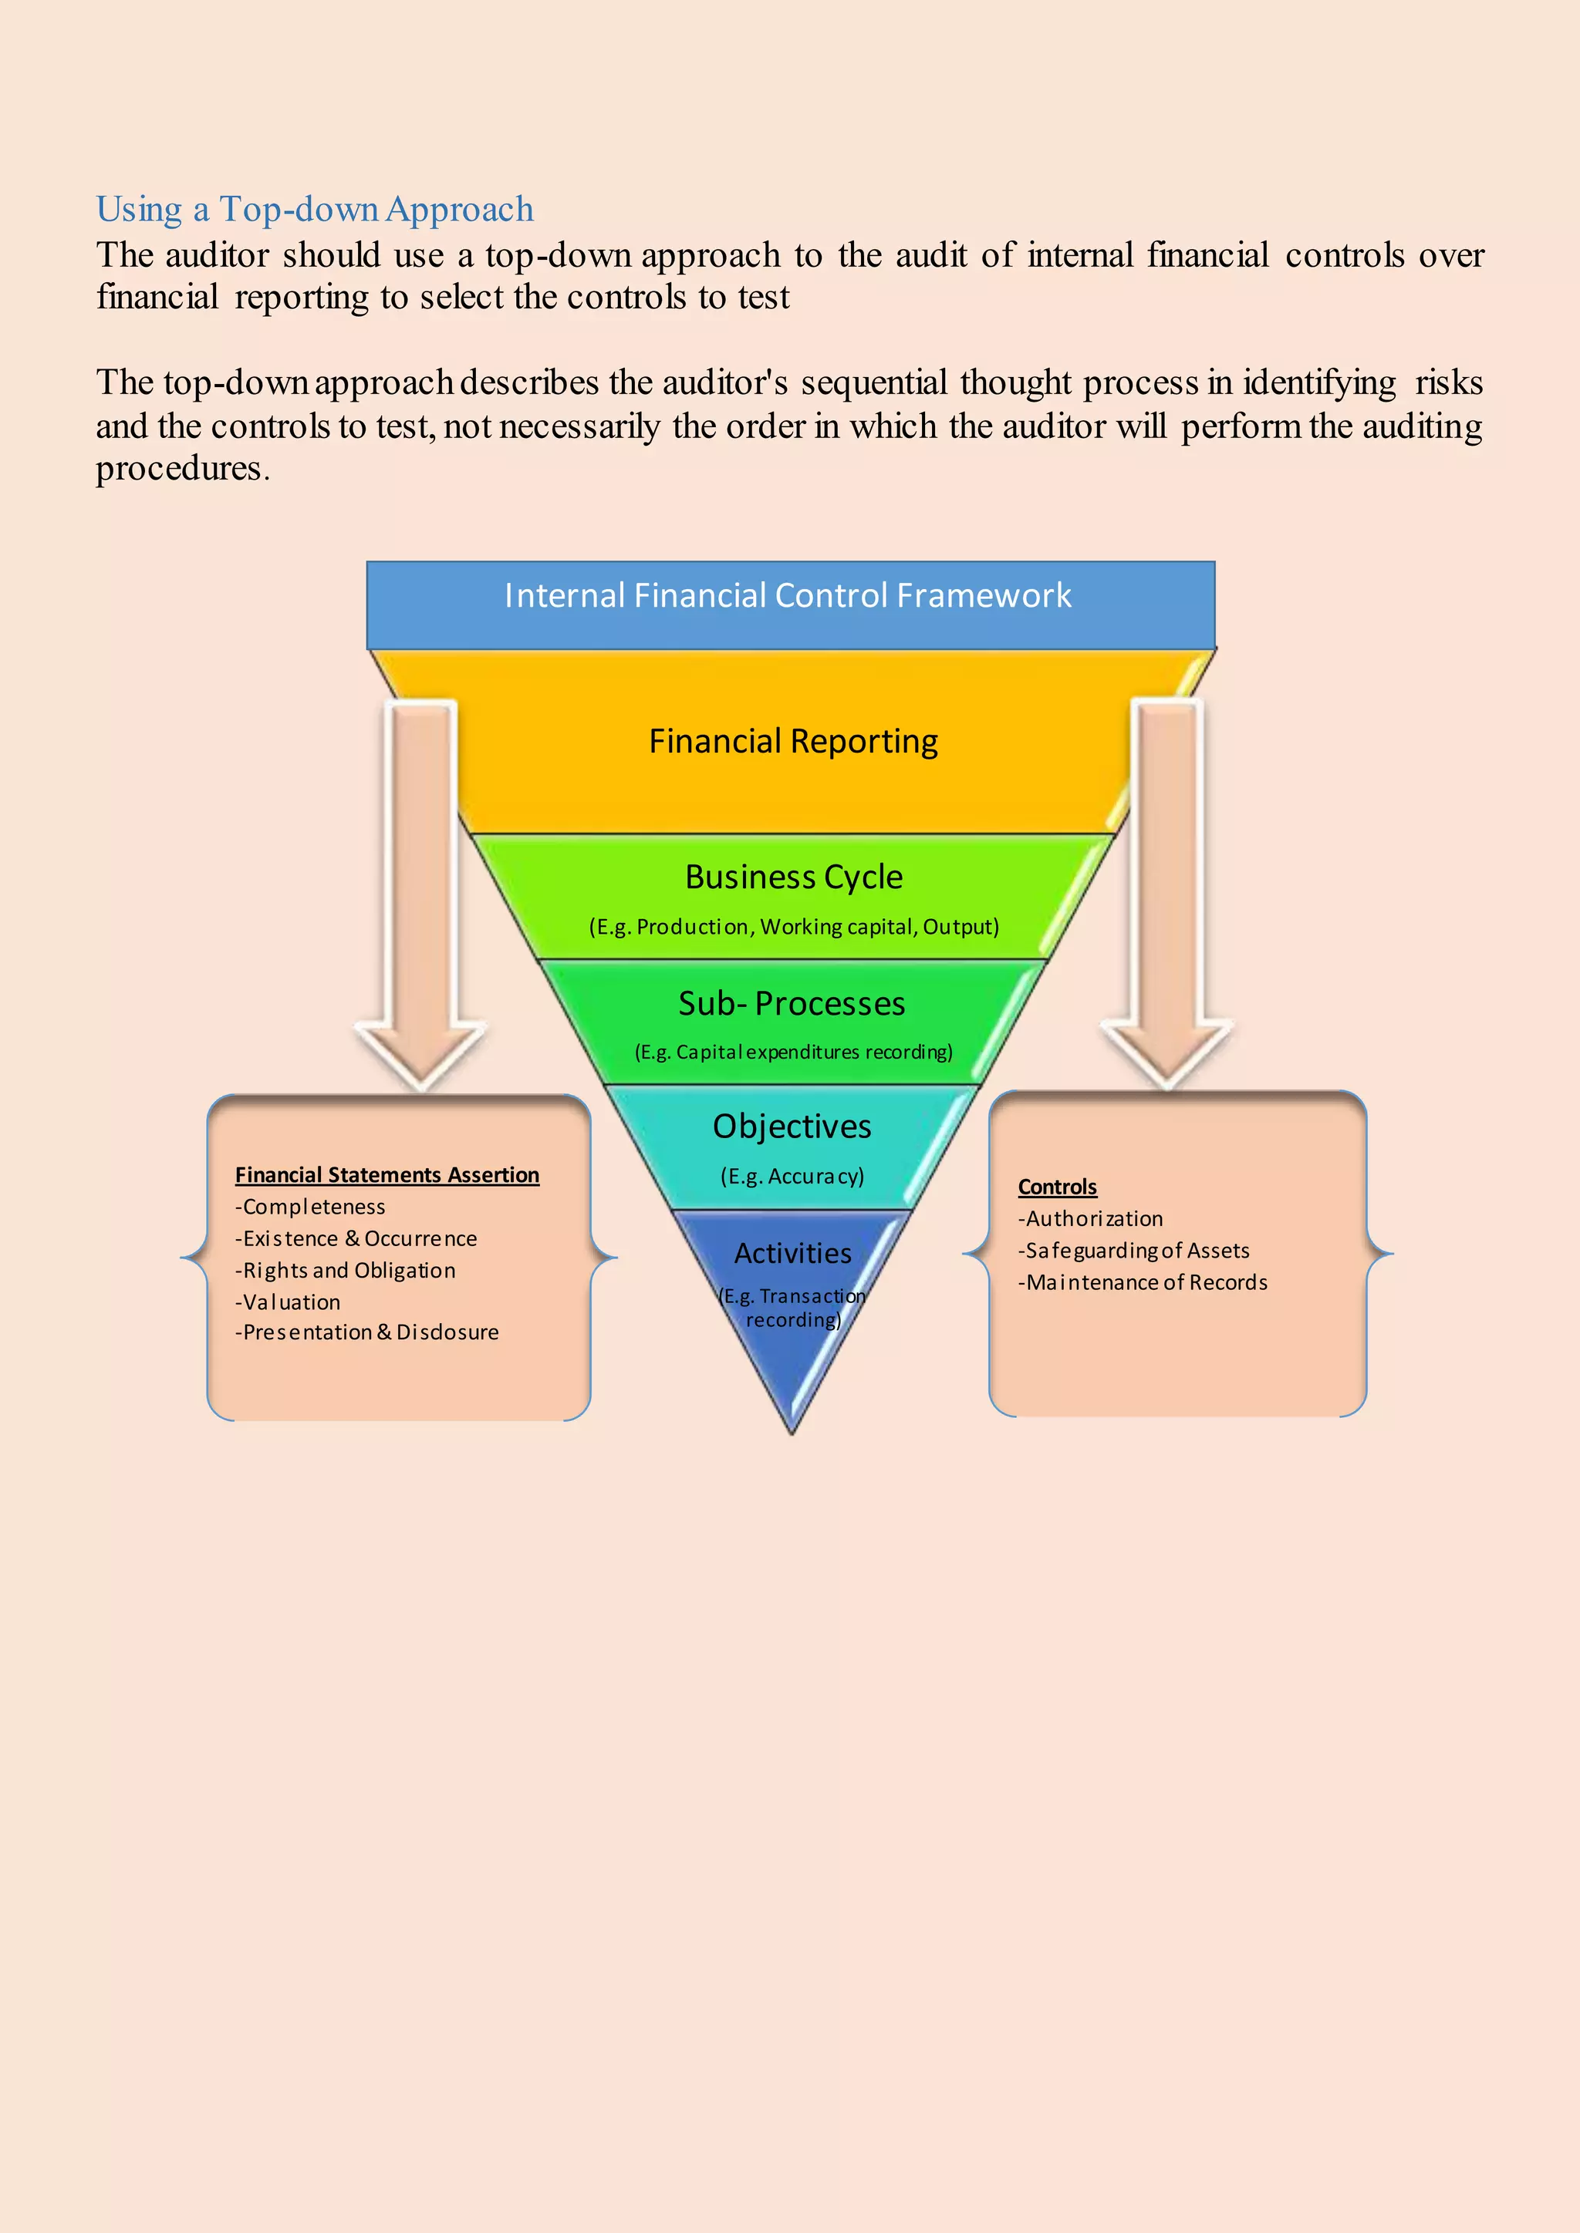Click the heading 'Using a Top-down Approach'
coord(314,209)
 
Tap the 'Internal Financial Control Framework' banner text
coord(787,595)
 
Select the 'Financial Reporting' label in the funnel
coord(793,741)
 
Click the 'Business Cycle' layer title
coord(793,876)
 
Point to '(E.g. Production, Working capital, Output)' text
coord(793,926)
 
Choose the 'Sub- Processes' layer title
coord(791,1002)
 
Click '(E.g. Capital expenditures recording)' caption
coord(793,1051)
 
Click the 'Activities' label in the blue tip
coord(792,1253)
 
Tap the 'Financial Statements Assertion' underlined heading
coord(387,1175)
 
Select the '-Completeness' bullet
coord(309,1207)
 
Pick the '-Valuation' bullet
coord(287,1302)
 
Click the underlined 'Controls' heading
coord(1057,1187)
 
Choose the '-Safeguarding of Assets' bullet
coord(1133,1251)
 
